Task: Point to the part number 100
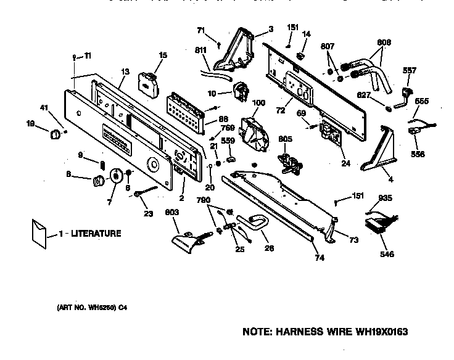point(259,103)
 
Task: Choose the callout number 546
point(387,254)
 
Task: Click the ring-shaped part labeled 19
point(56,133)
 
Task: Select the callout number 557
point(410,70)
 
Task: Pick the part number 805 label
point(284,139)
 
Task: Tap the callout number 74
point(319,258)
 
